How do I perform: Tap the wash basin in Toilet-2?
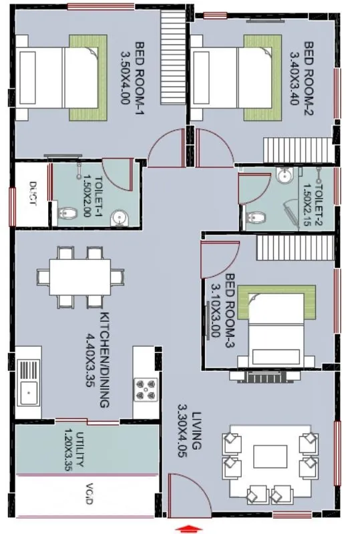pyautogui.click(x=283, y=176)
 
